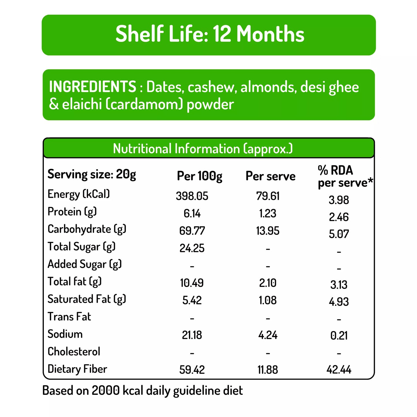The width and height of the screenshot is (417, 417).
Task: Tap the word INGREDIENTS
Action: [x=92, y=87]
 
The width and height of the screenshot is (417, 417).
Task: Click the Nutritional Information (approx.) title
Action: [x=203, y=149]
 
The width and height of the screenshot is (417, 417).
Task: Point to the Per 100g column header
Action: [x=199, y=176]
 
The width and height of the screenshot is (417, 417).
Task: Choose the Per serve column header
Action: [x=270, y=176]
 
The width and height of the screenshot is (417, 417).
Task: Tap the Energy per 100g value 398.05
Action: [x=192, y=196]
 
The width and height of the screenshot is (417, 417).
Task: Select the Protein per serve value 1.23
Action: [x=268, y=214]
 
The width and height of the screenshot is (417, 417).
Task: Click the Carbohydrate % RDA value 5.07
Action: [x=339, y=234]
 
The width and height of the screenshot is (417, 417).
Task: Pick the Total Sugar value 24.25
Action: [x=192, y=248]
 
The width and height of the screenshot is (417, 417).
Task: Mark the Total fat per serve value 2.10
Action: [x=268, y=283]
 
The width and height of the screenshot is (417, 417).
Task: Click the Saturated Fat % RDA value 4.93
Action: [x=339, y=302]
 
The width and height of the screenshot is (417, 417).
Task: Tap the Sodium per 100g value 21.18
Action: [x=192, y=335]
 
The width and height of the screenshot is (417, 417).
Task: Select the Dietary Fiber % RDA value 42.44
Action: [x=339, y=370]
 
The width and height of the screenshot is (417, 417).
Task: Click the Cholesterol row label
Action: [x=74, y=351]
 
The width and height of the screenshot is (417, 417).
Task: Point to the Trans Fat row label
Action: [x=69, y=317]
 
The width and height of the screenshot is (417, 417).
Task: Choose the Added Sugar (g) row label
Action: [x=85, y=264]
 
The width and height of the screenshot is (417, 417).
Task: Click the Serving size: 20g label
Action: [x=92, y=174]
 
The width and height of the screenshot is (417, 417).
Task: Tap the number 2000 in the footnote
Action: [x=106, y=390]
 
